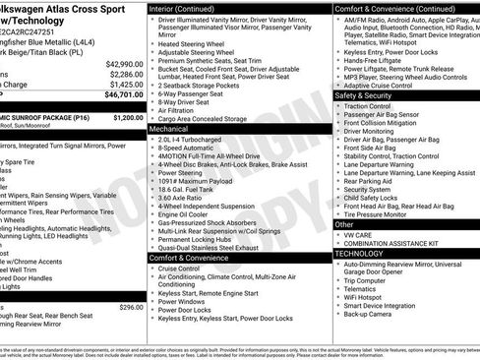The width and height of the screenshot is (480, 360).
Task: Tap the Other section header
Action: click(345, 224)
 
